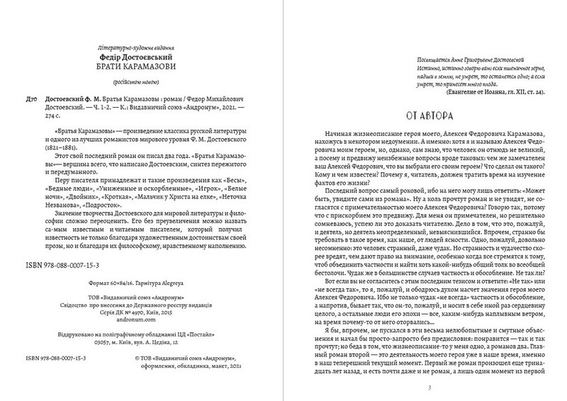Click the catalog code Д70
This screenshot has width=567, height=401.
click(25, 101)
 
